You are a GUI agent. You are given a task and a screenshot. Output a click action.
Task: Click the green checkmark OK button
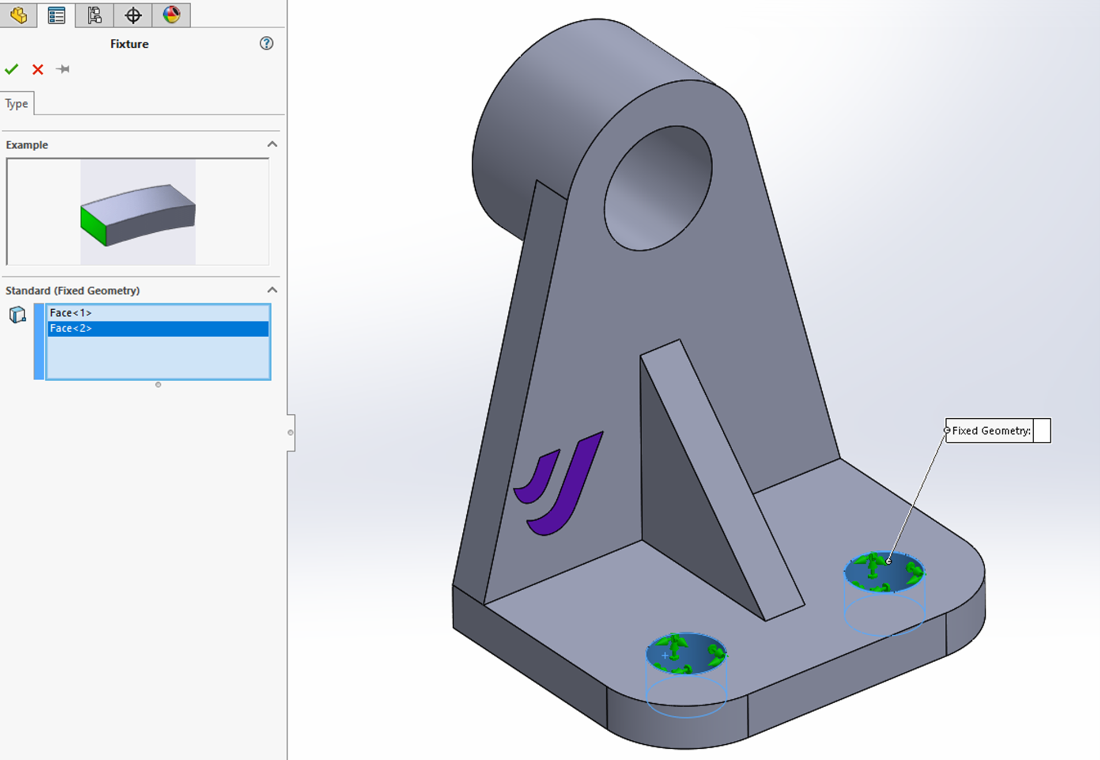(12, 69)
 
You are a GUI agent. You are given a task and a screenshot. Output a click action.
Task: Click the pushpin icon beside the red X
(63, 69)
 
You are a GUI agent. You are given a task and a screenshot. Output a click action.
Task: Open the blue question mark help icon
(266, 43)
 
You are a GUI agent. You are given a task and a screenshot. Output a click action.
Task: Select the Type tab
(17, 103)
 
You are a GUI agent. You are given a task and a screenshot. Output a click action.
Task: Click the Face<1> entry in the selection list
(70, 313)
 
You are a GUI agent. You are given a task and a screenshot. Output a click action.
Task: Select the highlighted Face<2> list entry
(70, 328)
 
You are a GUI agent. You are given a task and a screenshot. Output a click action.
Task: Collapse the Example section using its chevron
(272, 144)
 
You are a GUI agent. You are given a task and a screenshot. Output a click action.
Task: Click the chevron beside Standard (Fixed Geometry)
(272, 290)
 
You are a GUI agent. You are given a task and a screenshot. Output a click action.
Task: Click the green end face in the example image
(93, 225)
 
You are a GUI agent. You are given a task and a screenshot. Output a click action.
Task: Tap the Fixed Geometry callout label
(991, 431)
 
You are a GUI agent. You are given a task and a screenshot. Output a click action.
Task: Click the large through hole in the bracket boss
(658, 188)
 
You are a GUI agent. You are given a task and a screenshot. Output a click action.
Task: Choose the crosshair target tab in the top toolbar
(133, 15)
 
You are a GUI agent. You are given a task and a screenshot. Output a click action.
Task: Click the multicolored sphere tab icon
(172, 15)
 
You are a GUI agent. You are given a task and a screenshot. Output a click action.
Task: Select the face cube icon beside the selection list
(17, 315)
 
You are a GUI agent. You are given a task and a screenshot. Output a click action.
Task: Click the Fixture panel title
(129, 44)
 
